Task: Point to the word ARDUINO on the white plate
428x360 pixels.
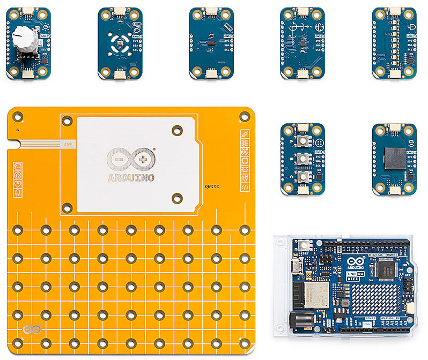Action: click(x=131, y=177)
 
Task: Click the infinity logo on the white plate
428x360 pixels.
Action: click(x=130, y=159)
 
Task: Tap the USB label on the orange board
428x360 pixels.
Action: click(x=68, y=144)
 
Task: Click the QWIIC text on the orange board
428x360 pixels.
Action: click(x=212, y=187)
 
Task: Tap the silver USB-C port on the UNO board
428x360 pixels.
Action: click(x=294, y=266)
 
